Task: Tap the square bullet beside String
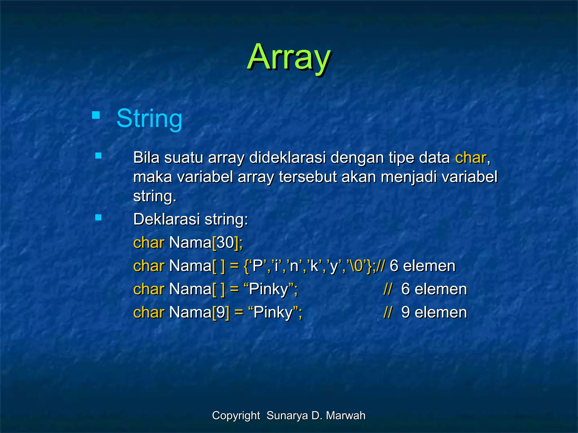pos(96,115)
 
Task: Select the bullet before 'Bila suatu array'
pos(98,156)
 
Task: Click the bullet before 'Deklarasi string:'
pos(98,217)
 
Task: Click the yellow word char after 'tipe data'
pos(470,158)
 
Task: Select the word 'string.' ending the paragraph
pos(154,196)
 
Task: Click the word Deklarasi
pos(166,219)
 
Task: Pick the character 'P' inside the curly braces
pos(257,266)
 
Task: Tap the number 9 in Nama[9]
pos(221,312)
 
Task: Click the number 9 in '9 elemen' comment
pos(406,312)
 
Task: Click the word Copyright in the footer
pos(236,416)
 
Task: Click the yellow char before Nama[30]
pos(148,243)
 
